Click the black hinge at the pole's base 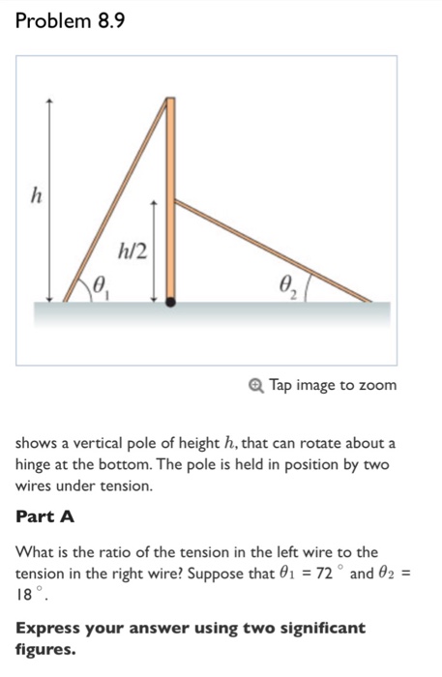[x=170, y=302]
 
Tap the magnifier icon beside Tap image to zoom [x=255, y=386]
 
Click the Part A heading [x=45, y=515]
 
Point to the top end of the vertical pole [x=170, y=100]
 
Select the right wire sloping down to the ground [x=271, y=250]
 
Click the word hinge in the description [x=37, y=465]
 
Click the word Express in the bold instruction [x=49, y=629]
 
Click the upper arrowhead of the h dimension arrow [x=51, y=101]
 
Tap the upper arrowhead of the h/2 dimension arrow [x=152, y=202]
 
